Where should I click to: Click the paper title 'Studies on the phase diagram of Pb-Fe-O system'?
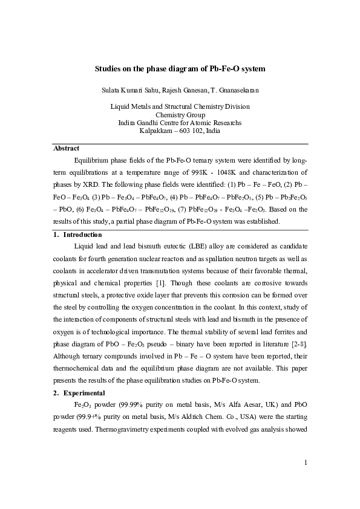point(180,69)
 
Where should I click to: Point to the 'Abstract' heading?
point(66,148)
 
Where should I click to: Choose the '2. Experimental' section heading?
point(79,393)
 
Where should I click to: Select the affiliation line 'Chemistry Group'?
point(180,114)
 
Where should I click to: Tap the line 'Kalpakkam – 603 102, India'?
point(180,130)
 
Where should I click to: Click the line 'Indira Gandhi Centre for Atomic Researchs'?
point(180,122)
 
